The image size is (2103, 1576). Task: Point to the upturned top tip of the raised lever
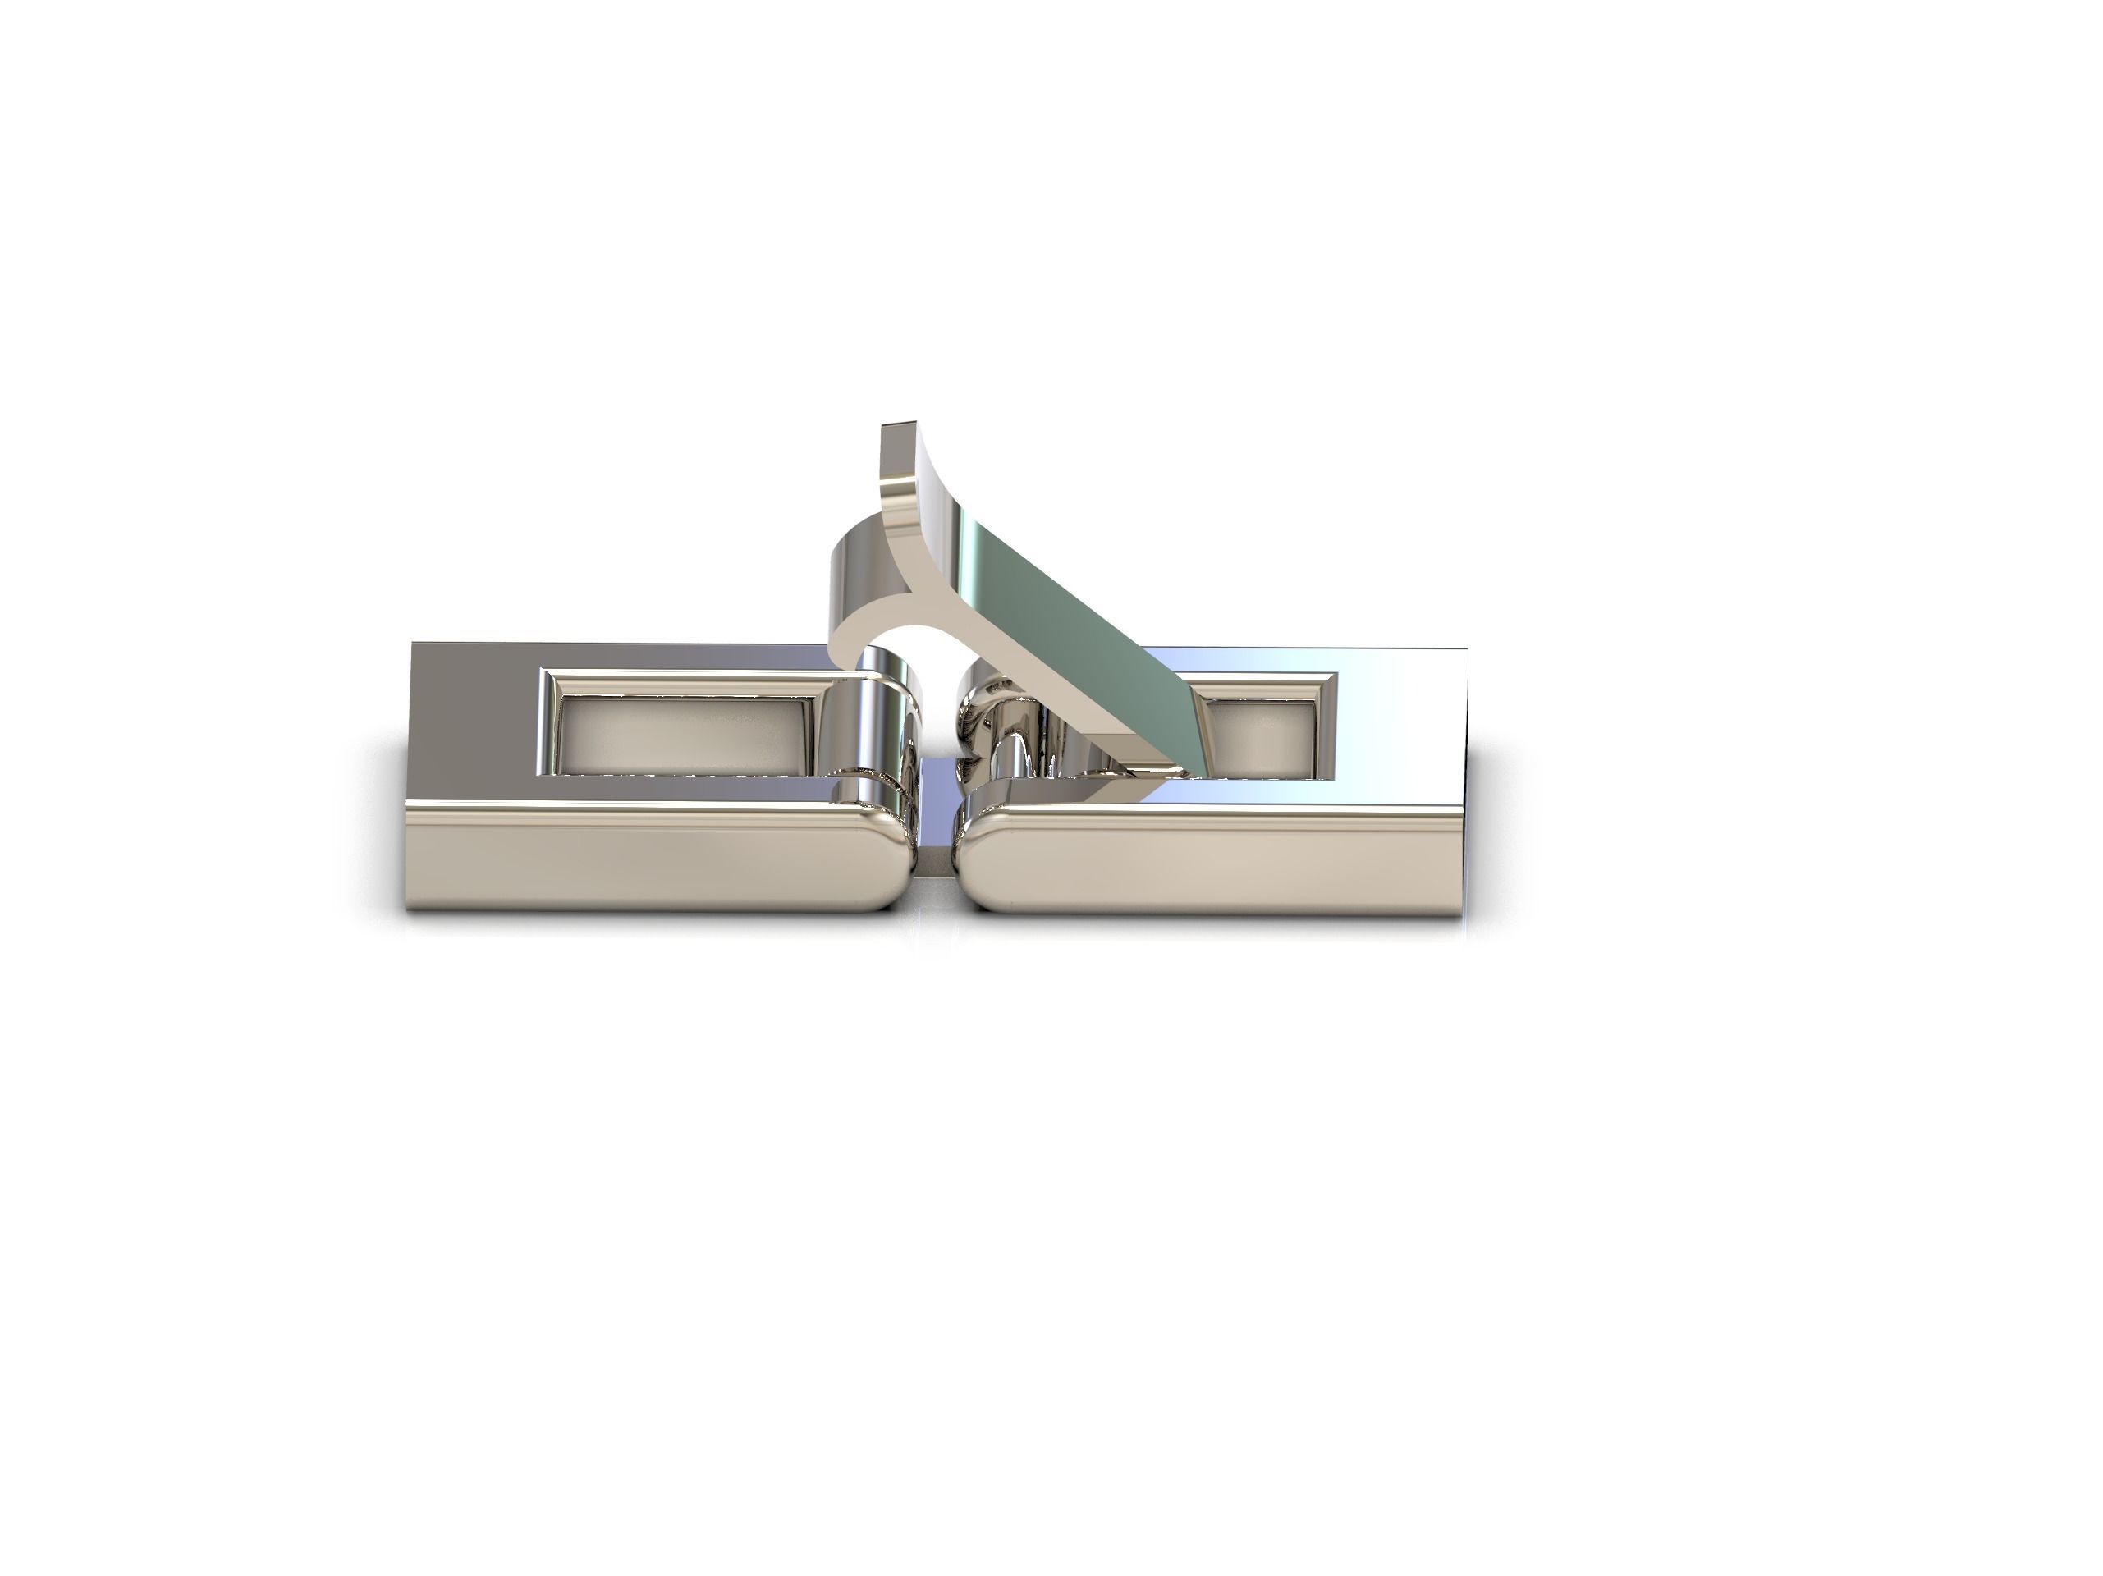click(x=900, y=433)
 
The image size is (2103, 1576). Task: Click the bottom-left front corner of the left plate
click(x=410, y=908)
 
